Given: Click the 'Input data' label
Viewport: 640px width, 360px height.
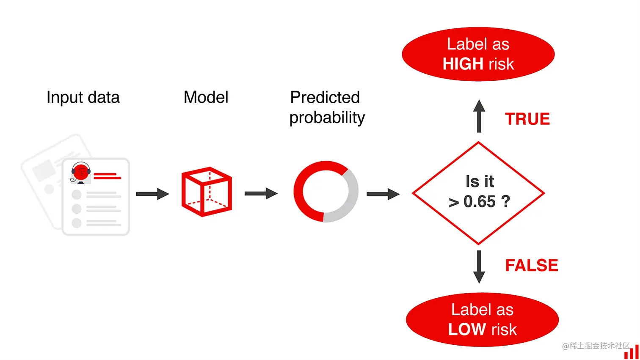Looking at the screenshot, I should pyautogui.click(x=83, y=98).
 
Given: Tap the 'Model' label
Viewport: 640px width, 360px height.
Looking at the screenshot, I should pyautogui.click(x=206, y=97).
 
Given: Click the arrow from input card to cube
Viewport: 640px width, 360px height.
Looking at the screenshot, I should pyautogui.click(x=152, y=194).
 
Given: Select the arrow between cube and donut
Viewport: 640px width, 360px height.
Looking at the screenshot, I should pyautogui.click(x=261, y=194).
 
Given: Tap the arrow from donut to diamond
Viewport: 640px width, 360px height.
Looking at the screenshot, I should pyautogui.click(x=383, y=194).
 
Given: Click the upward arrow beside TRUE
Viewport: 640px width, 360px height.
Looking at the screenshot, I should pyautogui.click(x=479, y=116).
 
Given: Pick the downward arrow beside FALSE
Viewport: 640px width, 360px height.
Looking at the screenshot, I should pyautogui.click(x=479, y=267).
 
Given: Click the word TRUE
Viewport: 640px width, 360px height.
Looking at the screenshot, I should pyautogui.click(x=527, y=119).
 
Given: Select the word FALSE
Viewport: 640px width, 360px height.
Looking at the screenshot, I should pyautogui.click(x=532, y=266).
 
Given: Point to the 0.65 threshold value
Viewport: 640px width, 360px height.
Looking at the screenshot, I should pyautogui.click(x=479, y=202).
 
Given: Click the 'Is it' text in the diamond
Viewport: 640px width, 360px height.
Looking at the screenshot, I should pyautogui.click(x=480, y=181).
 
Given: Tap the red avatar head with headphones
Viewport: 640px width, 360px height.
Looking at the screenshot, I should pyautogui.click(x=80, y=172).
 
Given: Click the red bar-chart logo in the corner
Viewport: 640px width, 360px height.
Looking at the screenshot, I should pyautogui.click(x=631, y=352).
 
